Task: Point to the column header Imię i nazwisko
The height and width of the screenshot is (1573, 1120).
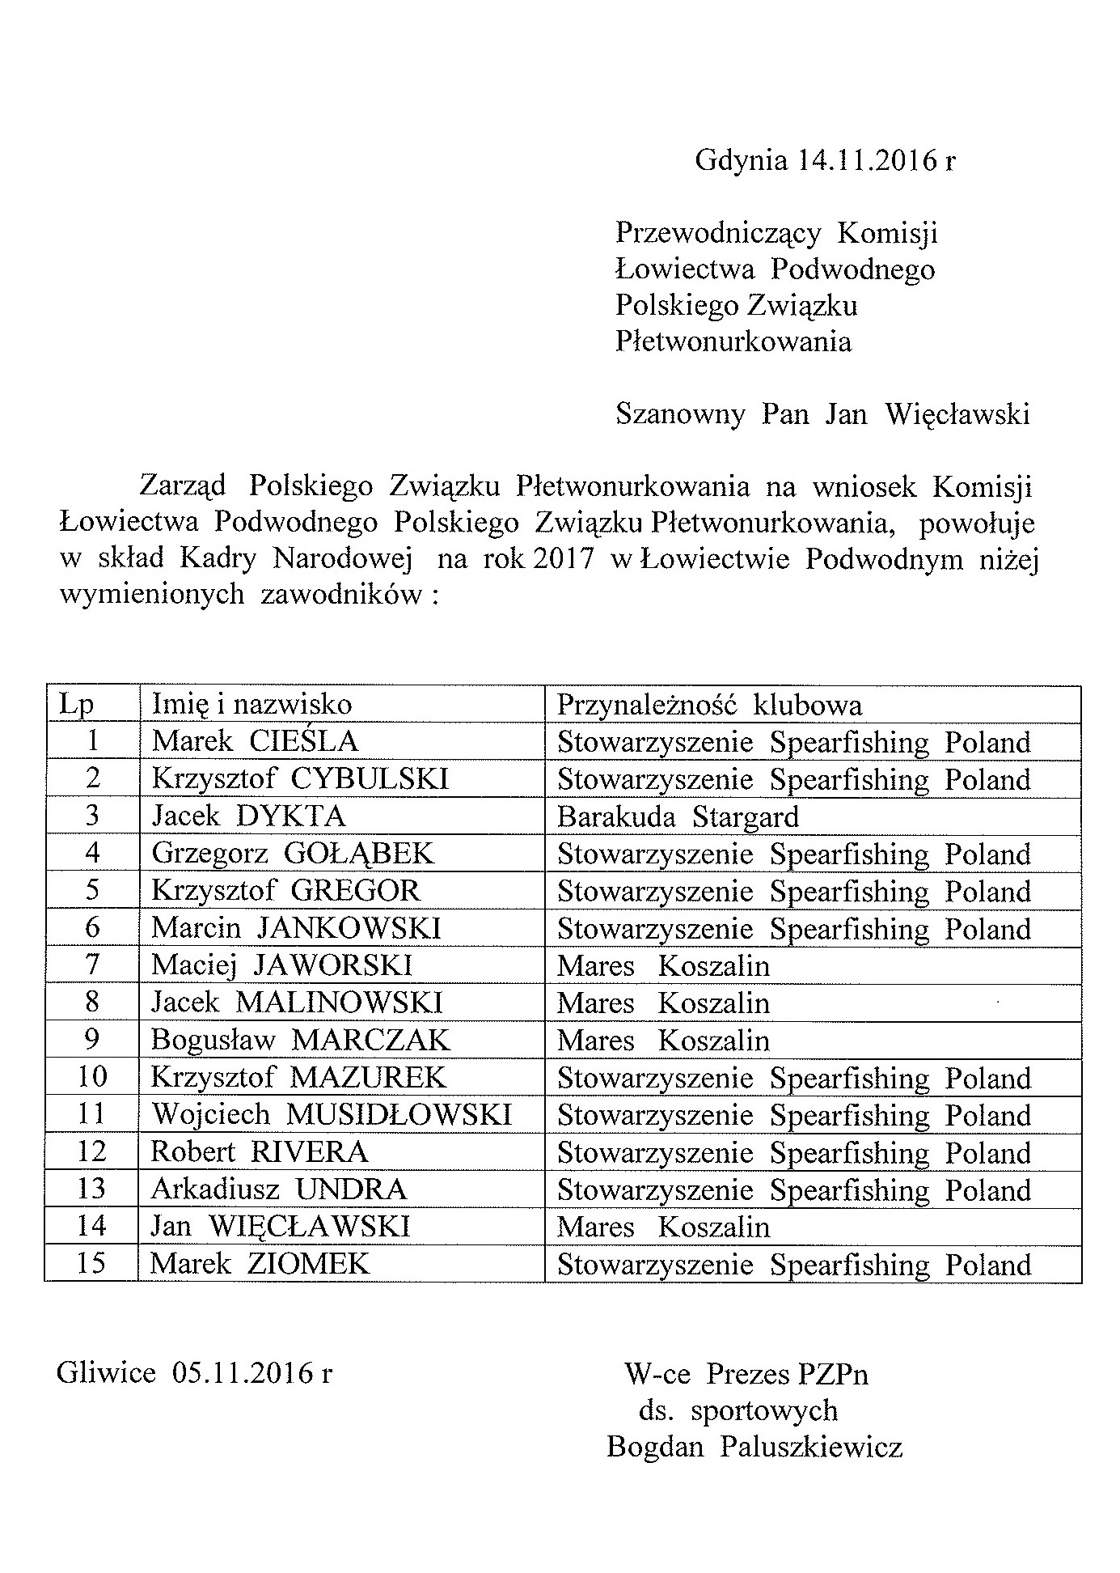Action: pyautogui.click(x=251, y=704)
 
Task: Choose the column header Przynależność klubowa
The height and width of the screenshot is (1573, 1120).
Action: pyautogui.click(x=709, y=705)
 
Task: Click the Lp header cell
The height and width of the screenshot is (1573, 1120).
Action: pyautogui.click(x=77, y=705)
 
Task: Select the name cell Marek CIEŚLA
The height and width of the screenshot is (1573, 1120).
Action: pyautogui.click(x=255, y=741)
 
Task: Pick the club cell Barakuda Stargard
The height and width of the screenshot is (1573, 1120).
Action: pyautogui.click(x=678, y=816)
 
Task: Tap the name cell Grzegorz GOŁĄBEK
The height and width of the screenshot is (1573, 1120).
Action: pyautogui.click(x=293, y=854)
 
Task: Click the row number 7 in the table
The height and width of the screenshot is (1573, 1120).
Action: pyautogui.click(x=92, y=965)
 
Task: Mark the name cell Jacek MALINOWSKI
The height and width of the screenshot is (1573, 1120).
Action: pyautogui.click(x=297, y=1003)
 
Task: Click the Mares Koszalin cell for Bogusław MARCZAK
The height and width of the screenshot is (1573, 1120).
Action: pyautogui.click(x=663, y=1041)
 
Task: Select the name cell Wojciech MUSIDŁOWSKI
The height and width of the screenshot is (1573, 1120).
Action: pyautogui.click(x=332, y=1115)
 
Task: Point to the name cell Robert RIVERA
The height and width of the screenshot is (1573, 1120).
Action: pyautogui.click(x=260, y=1152)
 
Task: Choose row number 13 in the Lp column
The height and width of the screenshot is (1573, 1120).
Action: pyautogui.click(x=91, y=1189)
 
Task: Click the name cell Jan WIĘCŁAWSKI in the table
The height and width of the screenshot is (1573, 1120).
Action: pyautogui.click(x=281, y=1227)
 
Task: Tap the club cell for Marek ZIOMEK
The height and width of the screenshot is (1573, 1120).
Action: pyautogui.click(x=794, y=1265)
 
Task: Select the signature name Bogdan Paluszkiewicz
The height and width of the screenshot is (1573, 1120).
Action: pyautogui.click(x=754, y=1446)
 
